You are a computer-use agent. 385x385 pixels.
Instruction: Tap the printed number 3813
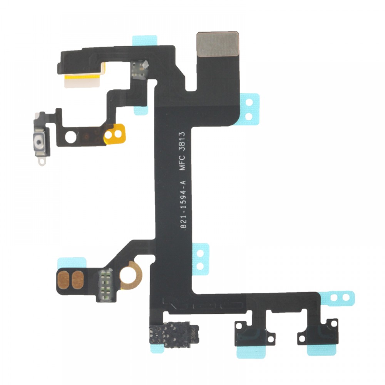coord(182,141)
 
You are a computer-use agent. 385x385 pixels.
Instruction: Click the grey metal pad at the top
coord(218,44)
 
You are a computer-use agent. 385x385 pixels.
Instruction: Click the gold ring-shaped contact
coord(131,275)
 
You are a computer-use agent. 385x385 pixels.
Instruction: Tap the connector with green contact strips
coord(105,285)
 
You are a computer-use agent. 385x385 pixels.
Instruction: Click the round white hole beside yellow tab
coord(71,137)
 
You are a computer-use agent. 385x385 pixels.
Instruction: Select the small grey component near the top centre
coord(140,69)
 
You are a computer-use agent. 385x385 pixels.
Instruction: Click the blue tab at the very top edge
coord(145,40)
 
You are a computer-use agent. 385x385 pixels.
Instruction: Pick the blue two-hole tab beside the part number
coord(201,259)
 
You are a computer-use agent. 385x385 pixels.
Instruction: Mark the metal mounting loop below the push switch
coord(42,162)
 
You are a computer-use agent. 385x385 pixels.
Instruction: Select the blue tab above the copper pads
coord(72,263)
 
